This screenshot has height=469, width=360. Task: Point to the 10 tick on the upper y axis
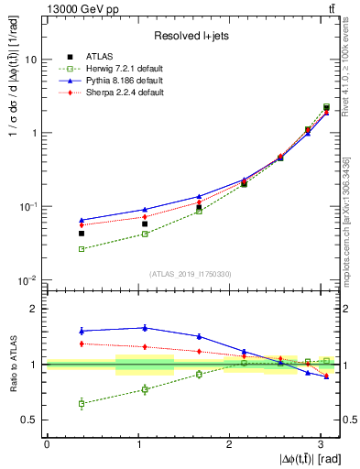point(31,60)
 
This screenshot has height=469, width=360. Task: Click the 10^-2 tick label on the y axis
point(29,280)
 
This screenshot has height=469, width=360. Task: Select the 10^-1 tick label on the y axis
point(29,207)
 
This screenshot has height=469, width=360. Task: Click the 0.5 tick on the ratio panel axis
point(30,420)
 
